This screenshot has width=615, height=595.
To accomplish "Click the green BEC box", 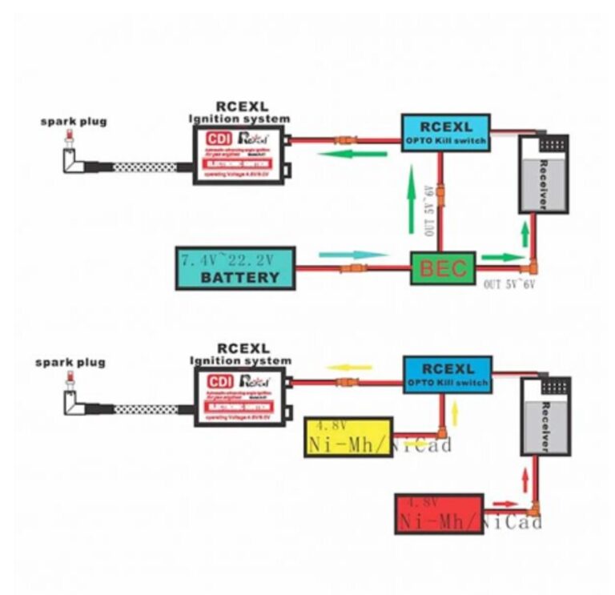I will click(443, 268).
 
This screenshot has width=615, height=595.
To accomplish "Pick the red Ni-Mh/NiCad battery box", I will click(439, 514).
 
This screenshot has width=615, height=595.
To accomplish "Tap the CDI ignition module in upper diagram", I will click(240, 154).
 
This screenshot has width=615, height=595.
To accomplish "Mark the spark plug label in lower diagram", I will click(70, 363).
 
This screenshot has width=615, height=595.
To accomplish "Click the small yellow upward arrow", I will click(454, 413).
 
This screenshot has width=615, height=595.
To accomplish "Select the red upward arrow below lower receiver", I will click(525, 480).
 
